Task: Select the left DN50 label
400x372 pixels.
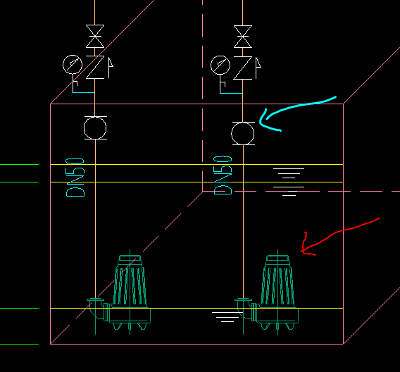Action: (75, 178)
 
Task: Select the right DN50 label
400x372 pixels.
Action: (223, 175)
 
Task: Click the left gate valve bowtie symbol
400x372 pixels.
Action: (95, 36)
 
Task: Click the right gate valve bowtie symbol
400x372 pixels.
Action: (243, 37)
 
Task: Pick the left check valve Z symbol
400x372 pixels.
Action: (95, 67)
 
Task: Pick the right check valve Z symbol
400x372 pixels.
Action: (243, 68)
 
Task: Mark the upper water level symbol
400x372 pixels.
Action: (289, 182)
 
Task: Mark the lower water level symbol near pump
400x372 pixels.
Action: (227, 317)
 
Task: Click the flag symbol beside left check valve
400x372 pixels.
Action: (111, 68)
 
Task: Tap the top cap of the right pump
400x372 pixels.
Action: (277, 258)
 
